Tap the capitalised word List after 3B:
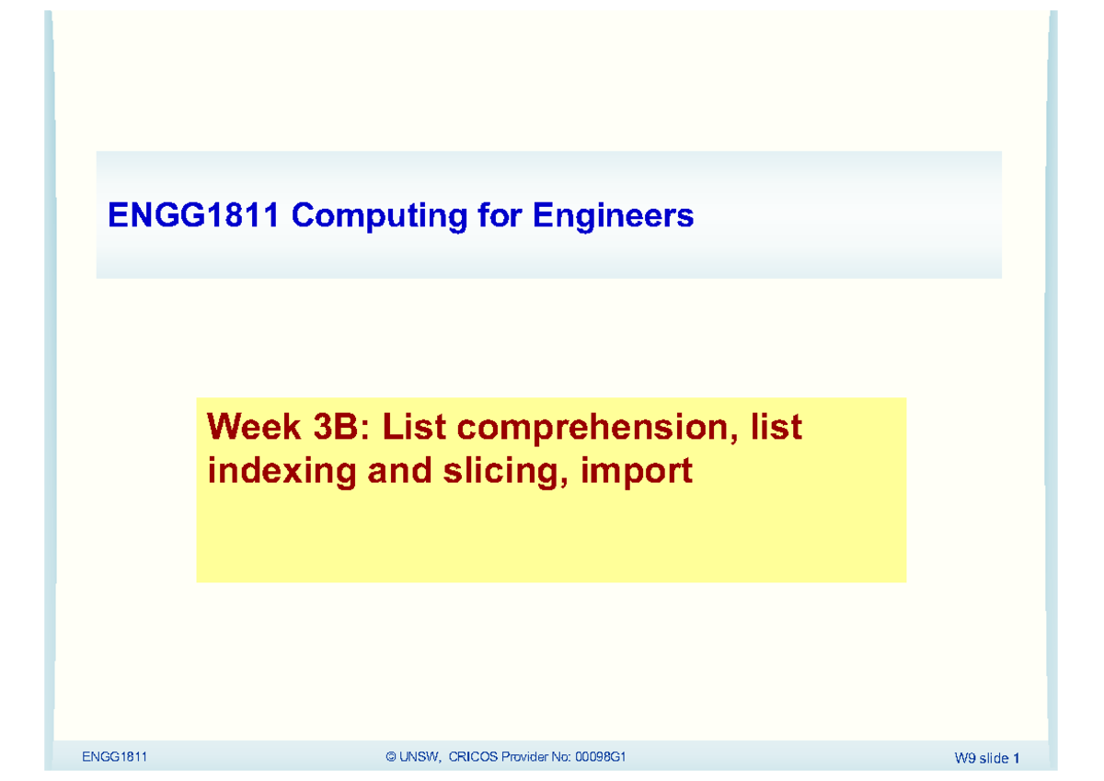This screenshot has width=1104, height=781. [411, 427]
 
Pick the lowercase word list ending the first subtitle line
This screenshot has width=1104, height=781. [776, 427]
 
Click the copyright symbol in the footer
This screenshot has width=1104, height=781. [392, 757]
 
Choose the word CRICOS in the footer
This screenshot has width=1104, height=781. [473, 757]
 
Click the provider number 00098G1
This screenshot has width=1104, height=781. [601, 757]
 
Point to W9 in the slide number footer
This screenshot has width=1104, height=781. [964, 758]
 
